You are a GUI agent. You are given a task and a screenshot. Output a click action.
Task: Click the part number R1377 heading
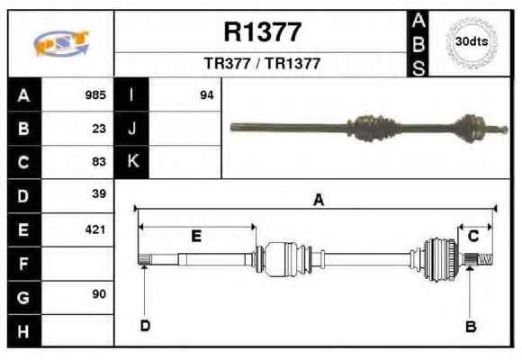click(x=263, y=32)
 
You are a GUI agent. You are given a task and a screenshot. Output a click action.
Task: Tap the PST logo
click(x=61, y=43)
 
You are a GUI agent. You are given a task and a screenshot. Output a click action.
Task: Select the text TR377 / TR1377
click(x=262, y=63)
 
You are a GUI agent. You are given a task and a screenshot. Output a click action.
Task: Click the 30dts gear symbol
click(x=472, y=42)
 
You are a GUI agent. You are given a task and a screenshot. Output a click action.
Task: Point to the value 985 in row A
click(x=95, y=94)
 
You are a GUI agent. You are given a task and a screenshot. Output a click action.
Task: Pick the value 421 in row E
click(x=95, y=229)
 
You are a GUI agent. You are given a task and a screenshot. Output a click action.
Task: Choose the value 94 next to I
click(x=207, y=95)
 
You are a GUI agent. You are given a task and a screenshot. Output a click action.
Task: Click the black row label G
click(x=23, y=297)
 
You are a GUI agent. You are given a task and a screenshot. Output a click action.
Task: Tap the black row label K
click(x=131, y=162)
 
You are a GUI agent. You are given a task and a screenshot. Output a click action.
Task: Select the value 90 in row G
click(x=99, y=293)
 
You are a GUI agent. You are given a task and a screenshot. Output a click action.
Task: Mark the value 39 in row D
click(x=99, y=193)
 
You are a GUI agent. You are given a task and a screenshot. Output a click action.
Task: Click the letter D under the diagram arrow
click(x=145, y=326)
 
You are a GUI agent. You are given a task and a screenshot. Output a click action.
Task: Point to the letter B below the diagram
click(x=471, y=327)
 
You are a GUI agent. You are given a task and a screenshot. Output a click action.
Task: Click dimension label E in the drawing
click(x=196, y=236)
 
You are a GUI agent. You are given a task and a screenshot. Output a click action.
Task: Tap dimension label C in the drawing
click(x=473, y=236)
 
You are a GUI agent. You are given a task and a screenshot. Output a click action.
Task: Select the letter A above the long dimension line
click(x=319, y=200)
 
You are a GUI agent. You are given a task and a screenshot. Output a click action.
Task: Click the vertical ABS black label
click(x=418, y=43)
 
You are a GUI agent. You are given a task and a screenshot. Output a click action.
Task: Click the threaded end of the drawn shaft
click(x=485, y=259)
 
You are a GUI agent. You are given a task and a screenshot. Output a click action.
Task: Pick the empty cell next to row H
click(x=77, y=330)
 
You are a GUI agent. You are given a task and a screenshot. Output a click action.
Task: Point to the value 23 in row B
click(x=99, y=129)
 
